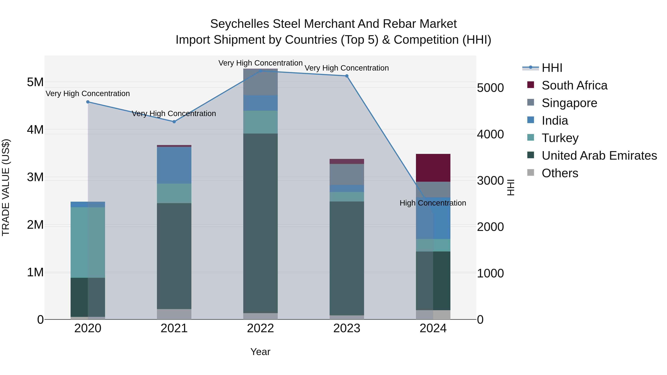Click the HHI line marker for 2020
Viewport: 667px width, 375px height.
[88, 102]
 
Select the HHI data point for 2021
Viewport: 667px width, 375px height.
[174, 122]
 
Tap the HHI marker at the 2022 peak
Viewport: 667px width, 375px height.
[261, 71]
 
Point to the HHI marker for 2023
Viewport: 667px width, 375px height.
[347, 76]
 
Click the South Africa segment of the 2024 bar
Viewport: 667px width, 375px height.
[433, 168]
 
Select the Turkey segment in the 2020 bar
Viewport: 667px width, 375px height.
[88, 242]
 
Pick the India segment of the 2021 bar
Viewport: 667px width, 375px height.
[174, 165]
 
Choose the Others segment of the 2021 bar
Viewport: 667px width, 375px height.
[174, 314]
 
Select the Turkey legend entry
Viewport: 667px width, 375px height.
[560, 138]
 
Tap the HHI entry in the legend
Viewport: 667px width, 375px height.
[552, 68]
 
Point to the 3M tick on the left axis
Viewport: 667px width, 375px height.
[35, 177]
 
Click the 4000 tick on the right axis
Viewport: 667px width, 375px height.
[490, 134]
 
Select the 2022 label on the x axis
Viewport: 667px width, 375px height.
[261, 328]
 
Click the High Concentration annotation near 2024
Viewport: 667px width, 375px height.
[433, 203]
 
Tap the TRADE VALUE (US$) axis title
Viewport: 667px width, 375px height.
[6, 187]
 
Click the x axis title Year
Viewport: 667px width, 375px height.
[260, 352]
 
